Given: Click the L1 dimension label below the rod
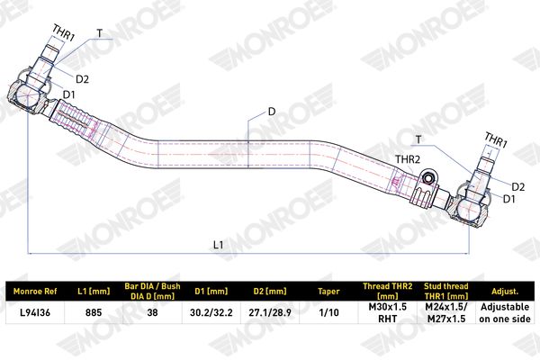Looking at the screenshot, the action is (219, 245).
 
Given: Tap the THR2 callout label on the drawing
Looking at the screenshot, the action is (408, 159).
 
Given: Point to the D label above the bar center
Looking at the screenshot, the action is (272, 112).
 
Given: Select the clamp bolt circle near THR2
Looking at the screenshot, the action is (428, 178).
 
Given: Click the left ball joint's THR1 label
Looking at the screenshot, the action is (64, 32).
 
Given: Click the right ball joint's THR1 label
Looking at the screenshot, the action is (496, 139).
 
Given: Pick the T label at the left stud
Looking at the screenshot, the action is (100, 33).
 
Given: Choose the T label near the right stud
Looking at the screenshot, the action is (418, 139).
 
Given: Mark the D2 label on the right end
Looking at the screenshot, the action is (518, 187).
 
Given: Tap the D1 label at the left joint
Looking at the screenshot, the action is (69, 94).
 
